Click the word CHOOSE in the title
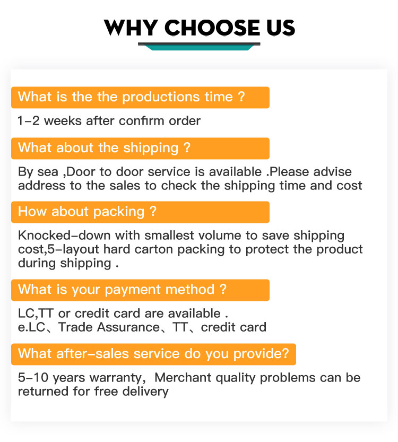(212, 28)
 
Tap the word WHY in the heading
(131, 28)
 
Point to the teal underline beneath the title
(199, 47)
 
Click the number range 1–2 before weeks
(29, 120)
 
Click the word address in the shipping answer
(42, 186)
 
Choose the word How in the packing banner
(32, 211)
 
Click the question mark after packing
(153, 211)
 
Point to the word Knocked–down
(64, 235)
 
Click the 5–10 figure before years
(33, 377)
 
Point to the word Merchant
(183, 377)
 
